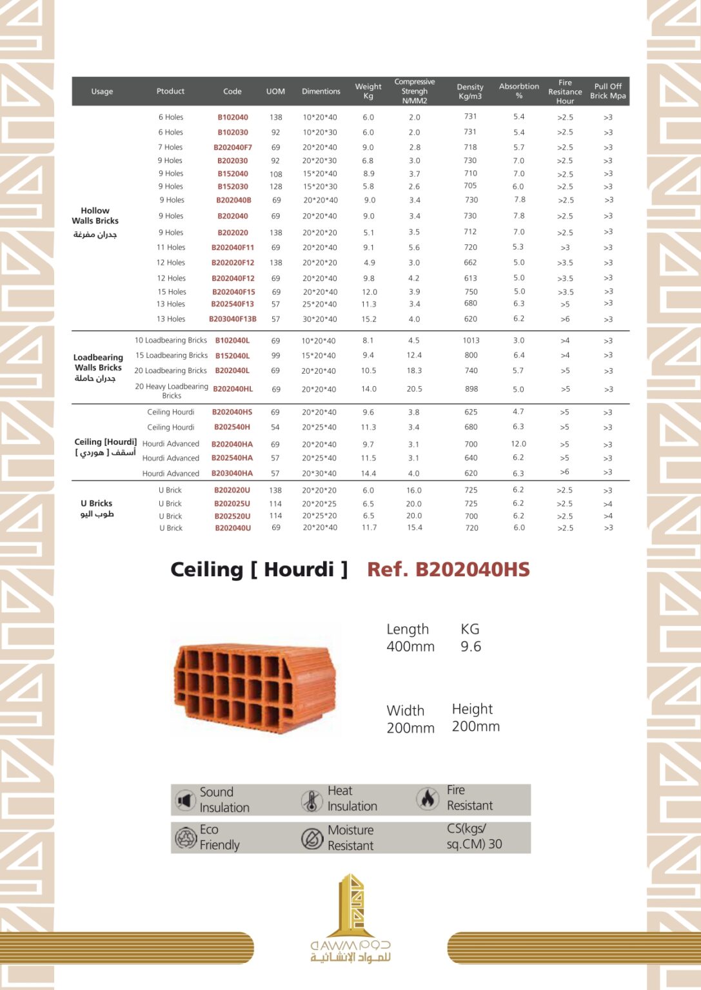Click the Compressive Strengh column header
coord(414,92)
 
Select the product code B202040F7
coord(233,148)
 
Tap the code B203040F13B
coord(233,319)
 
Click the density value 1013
coord(471,340)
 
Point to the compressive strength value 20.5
coord(414,389)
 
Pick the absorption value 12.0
coord(518,444)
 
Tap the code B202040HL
coord(233,389)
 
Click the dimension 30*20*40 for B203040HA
coord(319,473)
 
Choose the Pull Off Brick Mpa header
coord(607,92)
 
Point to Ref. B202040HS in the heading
coord(448,570)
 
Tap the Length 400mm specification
coord(410,637)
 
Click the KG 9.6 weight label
coord(471,637)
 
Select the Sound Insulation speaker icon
coord(185,801)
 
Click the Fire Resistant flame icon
coord(427,799)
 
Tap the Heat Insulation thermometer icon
coord(312,801)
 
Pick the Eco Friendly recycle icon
coord(185,838)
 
